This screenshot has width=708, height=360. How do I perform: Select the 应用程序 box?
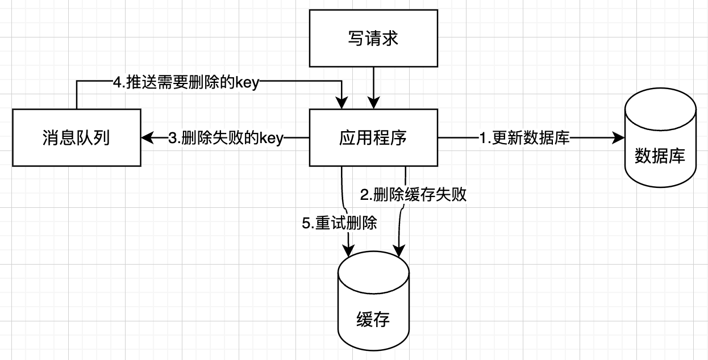pos(373,137)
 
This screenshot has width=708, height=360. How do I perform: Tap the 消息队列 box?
pos(76,138)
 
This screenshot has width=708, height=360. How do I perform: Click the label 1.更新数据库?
pos(524,137)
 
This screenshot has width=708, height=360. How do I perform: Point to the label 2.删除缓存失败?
pos(413,195)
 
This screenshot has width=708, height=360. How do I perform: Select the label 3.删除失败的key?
pos(226,138)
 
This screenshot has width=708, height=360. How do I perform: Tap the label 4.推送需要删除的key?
pos(186,83)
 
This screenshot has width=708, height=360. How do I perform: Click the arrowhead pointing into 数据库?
pos(618,137)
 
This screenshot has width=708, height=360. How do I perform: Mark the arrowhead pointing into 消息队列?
pos(147,137)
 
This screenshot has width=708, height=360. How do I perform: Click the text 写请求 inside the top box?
pos(373,39)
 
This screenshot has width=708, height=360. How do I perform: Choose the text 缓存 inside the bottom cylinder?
pos(373,320)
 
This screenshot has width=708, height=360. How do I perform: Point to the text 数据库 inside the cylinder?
pos(660,156)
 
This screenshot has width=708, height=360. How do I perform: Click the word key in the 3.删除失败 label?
pos(271,138)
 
